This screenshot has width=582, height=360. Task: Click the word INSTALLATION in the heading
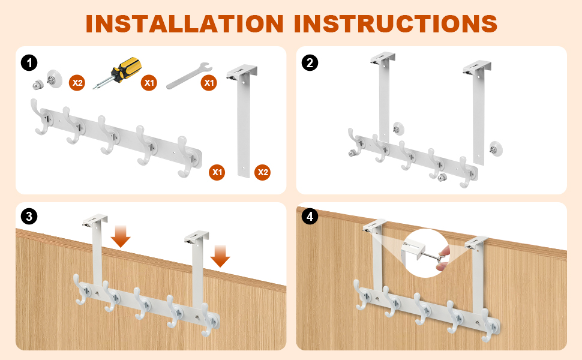coord(184,24)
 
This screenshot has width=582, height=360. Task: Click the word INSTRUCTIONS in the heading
coord(395,24)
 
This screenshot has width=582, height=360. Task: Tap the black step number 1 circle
coord(29,63)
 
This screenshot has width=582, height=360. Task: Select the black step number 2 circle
coord(310,63)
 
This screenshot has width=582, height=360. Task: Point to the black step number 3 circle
coord(29,217)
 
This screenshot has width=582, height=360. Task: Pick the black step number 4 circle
coord(310,217)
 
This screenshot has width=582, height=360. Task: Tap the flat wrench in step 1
coord(189,76)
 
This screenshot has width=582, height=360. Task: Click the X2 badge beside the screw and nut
coord(77,83)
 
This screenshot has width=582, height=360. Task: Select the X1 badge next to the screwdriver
coord(149,83)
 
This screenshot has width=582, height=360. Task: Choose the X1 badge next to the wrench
coord(209,83)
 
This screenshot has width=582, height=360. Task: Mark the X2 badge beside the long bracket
coord(262,172)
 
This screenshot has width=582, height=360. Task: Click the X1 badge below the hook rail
coord(217,172)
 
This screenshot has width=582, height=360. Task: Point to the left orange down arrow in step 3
coord(121,236)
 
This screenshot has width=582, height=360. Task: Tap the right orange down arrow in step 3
coord(220,256)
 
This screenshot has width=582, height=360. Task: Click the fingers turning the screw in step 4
coord(443,257)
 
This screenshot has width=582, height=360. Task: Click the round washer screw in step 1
coord(54,79)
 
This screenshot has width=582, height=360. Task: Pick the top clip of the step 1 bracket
coord(242,72)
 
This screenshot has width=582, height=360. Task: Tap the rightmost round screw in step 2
coord(495,149)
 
